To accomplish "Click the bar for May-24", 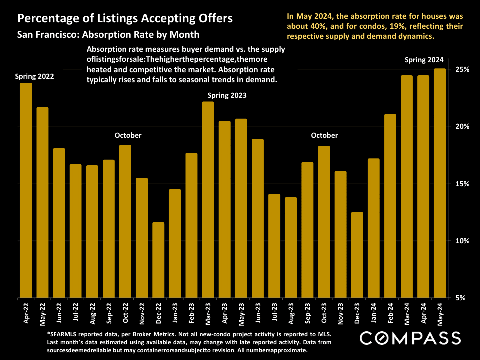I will tap(440, 183).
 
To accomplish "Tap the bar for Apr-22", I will tap(26, 190).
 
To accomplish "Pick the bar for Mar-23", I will tap(208, 199).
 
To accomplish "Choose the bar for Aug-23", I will tap(291, 247).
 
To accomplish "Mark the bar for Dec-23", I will tap(357, 255).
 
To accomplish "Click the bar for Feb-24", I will tap(390, 206).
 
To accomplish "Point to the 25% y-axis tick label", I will tap(462, 69).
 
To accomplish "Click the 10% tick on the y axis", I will tap(462, 241).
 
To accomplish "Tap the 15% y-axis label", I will tap(462, 184).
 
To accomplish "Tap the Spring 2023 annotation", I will tap(227, 95).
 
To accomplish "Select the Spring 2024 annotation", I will tap(424, 60).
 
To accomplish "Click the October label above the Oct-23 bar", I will tap(324, 135).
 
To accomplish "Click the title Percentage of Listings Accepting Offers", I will tap(125, 19).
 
